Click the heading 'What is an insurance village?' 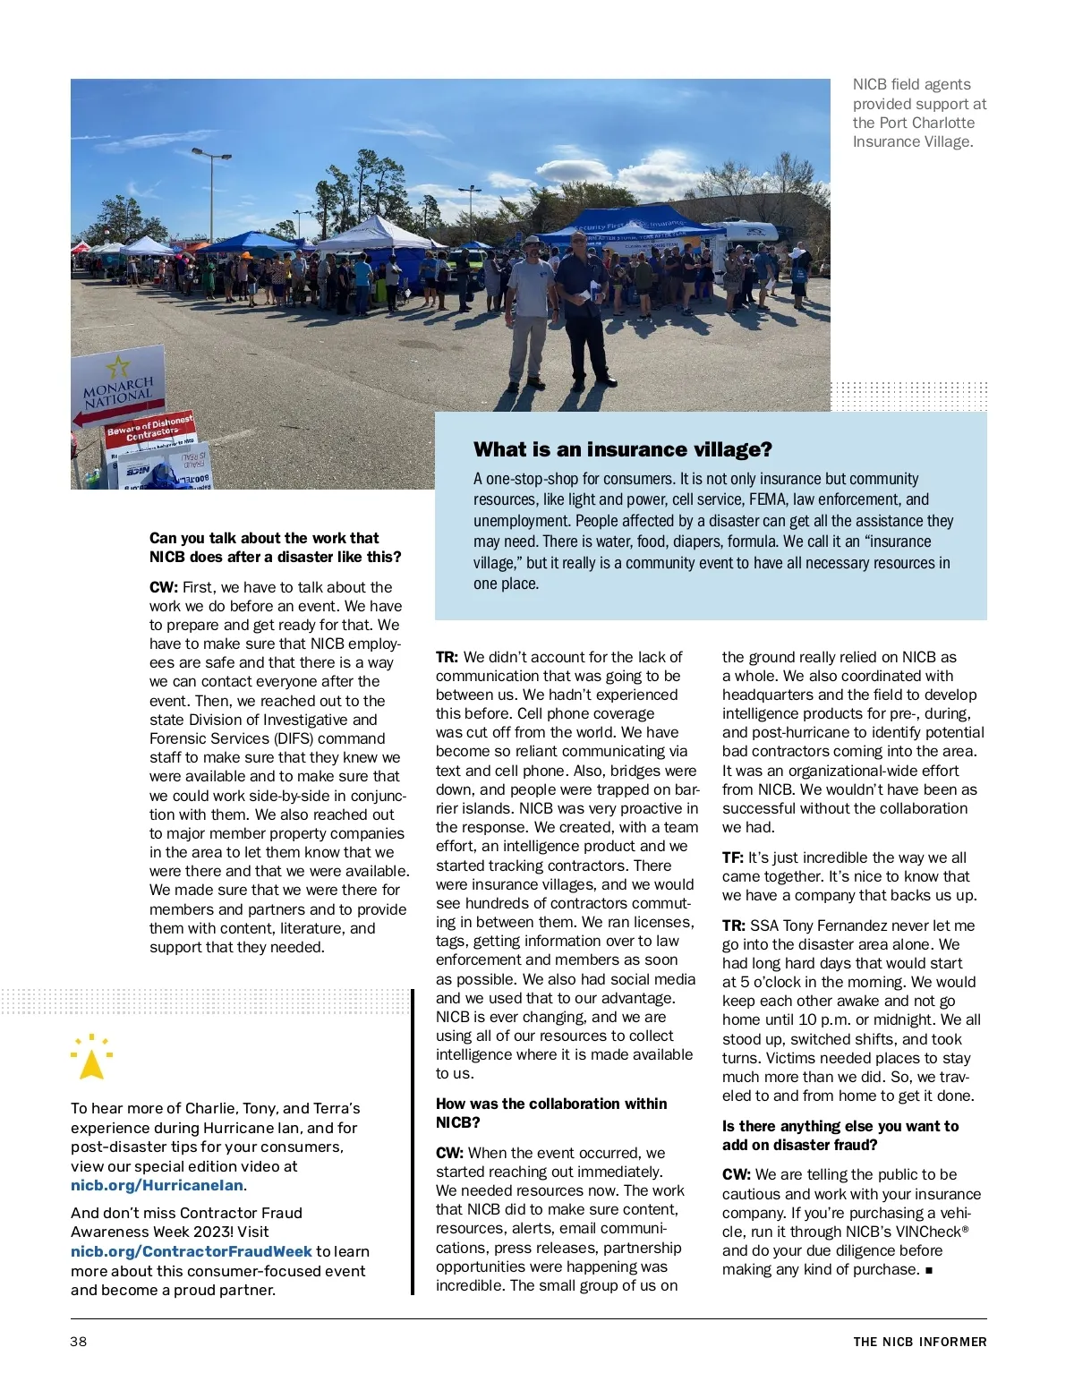[622, 449]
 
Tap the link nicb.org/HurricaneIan [158, 1185]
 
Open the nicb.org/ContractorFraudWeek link [191, 1251]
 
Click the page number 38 [79, 1341]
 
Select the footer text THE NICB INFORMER [919, 1341]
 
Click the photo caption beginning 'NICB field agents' [918, 113]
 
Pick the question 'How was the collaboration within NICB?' [550, 1113]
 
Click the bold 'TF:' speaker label [733, 857]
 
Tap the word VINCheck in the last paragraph [927, 1232]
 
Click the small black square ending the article [929, 1270]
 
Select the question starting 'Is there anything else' [840, 1135]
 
